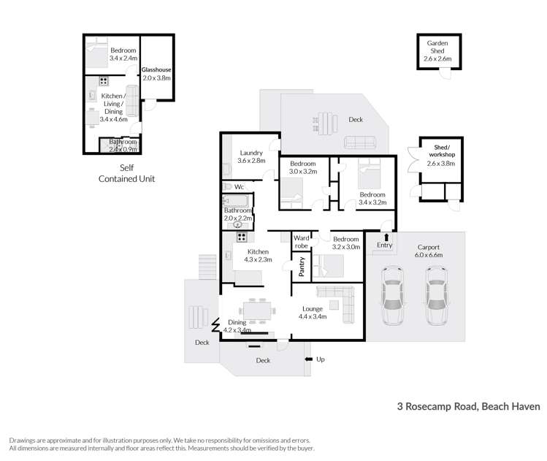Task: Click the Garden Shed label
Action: pos(438,47)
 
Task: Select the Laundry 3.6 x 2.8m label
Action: pos(250,156)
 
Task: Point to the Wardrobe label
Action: pos(301,242)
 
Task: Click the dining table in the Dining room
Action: pos(259,310)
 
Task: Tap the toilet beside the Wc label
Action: pos(227,187)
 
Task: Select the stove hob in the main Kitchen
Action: pos(240,237)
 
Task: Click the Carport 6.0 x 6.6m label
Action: pos(429,251)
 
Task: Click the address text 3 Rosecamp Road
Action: pos(468,405)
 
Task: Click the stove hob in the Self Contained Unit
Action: pos(104,81)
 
